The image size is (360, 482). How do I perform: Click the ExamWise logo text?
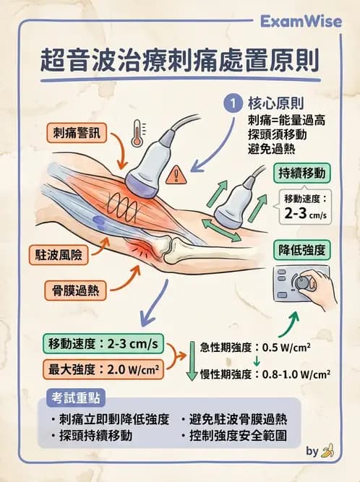[x=301, y=22]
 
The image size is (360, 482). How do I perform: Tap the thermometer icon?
[x=137, y=133]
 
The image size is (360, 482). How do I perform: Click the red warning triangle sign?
[x=176, y=175]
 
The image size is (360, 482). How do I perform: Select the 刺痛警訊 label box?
[x=77, y=133]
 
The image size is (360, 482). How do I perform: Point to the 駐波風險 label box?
[x=59, y=255]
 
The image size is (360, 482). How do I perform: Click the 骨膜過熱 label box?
[x=76, y=291]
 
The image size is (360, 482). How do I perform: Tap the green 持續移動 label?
[x=302, y=173]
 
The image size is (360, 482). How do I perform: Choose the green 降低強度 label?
[x=302, y=250]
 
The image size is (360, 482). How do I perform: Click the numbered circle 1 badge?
[x=233, y=103]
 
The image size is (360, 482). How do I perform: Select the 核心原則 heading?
[x=275, y=103]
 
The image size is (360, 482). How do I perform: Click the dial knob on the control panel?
[x=302, y=283]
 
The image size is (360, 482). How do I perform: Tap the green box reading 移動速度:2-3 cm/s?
[x=103, y=343]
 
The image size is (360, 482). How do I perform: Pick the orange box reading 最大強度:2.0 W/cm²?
[x=103, y=369]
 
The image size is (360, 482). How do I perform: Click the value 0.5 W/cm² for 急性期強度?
[x=286, y=348]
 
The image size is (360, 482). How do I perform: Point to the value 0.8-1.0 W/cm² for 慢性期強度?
[x=296, y=374]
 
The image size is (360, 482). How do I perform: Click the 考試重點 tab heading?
[x=76, y=398]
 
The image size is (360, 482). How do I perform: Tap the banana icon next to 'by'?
[x=327, y=451]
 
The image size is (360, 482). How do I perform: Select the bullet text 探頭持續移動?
[x=95, y=436]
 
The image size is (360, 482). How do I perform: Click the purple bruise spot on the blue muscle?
[x=98, y=220]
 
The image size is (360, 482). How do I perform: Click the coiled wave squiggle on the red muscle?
[x=121, y=208]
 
